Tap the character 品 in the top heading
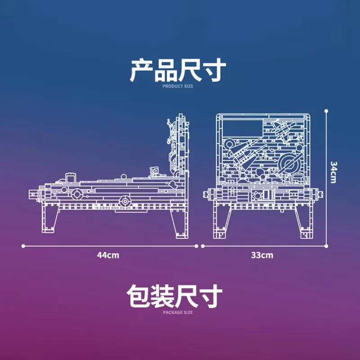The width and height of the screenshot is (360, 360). [166, 70]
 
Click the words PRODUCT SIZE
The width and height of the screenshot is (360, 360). [178, 86]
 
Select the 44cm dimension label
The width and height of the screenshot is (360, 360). [108, 255]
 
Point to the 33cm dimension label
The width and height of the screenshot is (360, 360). [262, 255]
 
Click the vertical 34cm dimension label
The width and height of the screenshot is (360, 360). [333, 172]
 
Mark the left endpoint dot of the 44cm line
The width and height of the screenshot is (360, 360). [23, 246]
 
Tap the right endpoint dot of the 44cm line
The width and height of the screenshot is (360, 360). [196, 246]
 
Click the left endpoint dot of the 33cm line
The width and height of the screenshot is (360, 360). [203, 246]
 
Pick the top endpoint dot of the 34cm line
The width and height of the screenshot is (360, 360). [326, 111]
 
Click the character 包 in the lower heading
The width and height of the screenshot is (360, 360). [139, 296]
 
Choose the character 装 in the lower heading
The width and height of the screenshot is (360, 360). [162, 296]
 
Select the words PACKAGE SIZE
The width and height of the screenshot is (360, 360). [178, 312]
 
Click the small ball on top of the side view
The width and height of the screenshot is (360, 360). [123, 177]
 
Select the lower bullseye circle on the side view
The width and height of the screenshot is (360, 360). [125, 202]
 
